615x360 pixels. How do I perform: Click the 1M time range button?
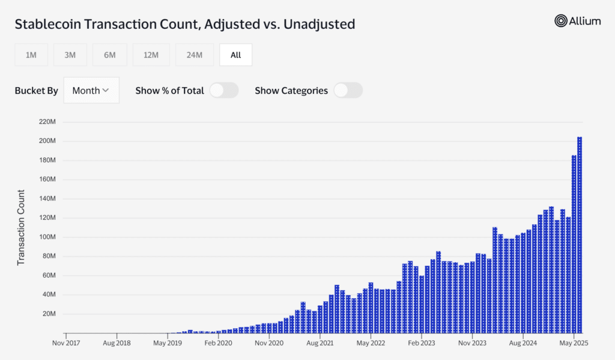click(x=31, y=55)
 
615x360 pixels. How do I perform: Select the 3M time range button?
click(x=70, y=55)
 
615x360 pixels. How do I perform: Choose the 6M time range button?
click(x=110, y=55)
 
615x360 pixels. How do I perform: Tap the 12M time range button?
click(x=151, y=55)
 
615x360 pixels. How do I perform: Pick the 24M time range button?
click(x=195, y=55)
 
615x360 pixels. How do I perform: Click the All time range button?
click(x=235, y=55)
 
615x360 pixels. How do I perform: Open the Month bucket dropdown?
click(x=91, y=90)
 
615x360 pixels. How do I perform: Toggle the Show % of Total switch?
click(x=224, y=90)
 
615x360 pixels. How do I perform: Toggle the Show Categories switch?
click(x=348, y=90)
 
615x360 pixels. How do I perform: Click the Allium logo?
click(x=577, y=21)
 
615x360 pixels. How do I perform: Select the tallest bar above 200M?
click(x=580, y=235)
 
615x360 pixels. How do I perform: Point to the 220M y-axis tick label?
click(x=47, y=121)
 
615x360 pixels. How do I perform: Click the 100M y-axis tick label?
click(x=47, y=237)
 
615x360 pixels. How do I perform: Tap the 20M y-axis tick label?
click(x=49, y=314)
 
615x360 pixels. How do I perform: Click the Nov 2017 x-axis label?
click(x=66, y=343)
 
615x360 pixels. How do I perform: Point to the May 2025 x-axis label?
click(x=574, y=343)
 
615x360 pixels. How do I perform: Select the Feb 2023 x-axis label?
click(x=422, y=343)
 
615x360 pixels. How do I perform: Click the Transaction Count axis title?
click(x=21, y=227)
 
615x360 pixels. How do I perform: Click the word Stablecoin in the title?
click(x=48, y=24)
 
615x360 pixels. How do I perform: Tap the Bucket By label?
click(x=36, y=91)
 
